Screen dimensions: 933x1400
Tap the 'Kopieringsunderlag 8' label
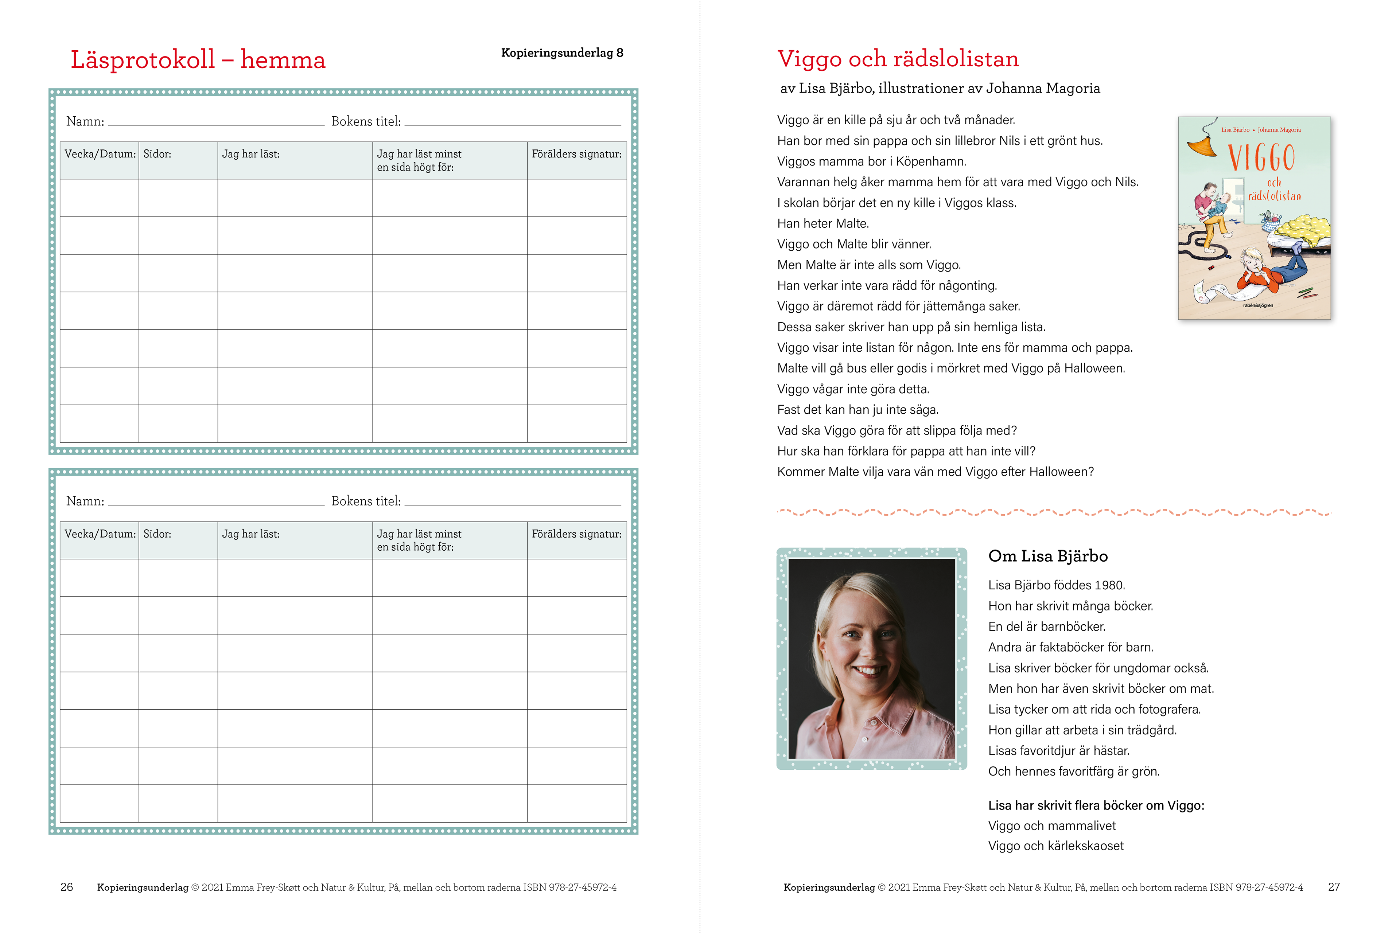tap(562, 53)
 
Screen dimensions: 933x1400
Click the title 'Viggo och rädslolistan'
tap(898, 59)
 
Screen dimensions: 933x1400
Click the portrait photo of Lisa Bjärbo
tap(871, 658)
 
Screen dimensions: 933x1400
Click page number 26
tap(67, 887)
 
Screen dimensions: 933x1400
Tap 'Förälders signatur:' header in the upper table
tap(576, 154)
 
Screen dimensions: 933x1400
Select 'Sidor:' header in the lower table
tap(157, 534)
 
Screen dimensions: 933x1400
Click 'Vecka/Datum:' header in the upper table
tap(100, 154)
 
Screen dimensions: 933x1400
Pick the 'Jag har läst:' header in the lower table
tap(250, 534)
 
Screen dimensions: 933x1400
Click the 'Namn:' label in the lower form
tap(85, 501)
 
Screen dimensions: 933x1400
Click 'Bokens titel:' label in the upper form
tap(365, 121)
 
